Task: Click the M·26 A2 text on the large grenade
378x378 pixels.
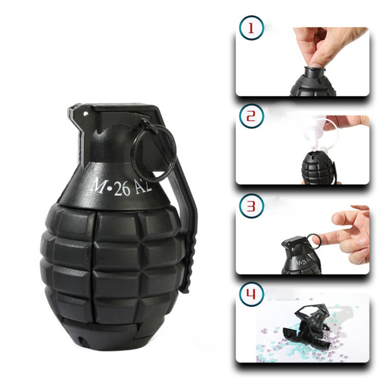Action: [x=121, y=187]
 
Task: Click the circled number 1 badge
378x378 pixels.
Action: [x=251, y=28]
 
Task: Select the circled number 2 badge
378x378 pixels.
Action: [x=251, y=116]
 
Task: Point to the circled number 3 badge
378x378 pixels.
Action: [x=251, y=206]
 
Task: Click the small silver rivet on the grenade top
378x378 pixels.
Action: [x=85, y=113]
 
